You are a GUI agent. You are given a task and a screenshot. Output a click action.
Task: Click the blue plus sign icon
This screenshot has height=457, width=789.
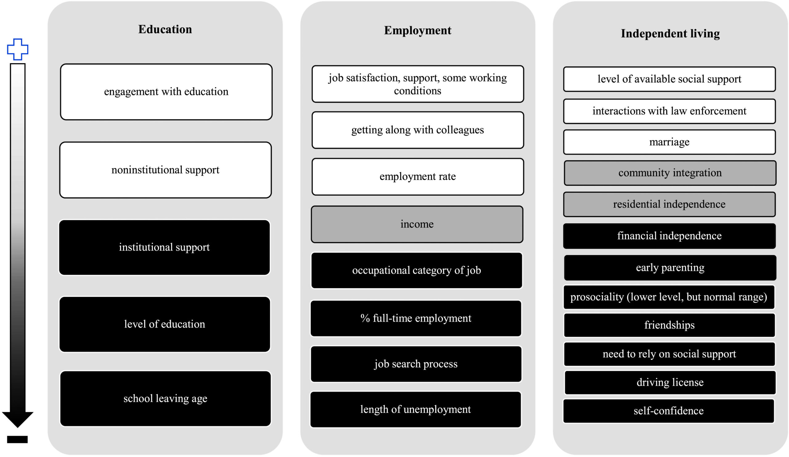(18, 49)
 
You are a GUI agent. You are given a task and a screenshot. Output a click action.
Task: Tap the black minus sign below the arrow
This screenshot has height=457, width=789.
(18, 439)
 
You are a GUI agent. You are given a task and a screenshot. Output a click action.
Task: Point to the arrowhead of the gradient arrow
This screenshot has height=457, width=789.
(18, 419)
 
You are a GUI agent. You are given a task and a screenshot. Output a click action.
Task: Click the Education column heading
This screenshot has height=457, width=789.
(165, 29)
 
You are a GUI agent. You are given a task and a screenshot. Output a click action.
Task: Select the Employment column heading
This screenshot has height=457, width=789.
(418, 31)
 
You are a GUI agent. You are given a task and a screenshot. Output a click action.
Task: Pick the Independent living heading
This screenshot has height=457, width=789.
(670, 34)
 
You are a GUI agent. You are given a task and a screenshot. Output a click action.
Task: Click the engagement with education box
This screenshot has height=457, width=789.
(166, 92)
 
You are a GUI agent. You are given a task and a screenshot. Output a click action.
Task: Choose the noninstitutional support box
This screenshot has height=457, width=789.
(166, 170)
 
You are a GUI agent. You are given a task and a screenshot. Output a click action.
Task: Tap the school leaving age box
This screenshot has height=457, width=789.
(165, 399)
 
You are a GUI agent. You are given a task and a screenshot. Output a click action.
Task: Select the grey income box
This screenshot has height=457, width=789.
(417, 224)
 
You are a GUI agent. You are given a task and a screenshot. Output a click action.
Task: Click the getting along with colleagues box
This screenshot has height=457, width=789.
(418, 130)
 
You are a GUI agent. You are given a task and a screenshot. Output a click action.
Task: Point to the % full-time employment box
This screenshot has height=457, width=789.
(416, 319)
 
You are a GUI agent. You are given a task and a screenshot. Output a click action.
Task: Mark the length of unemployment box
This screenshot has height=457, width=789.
(415, 410)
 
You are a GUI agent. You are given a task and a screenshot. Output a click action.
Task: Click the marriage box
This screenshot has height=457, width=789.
(669, 142)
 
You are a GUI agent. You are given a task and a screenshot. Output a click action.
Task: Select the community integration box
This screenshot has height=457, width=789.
(670, 173)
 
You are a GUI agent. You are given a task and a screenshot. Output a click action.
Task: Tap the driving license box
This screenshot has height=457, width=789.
(670, 382)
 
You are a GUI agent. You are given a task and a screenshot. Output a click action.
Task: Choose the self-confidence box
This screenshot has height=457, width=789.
(668, 411)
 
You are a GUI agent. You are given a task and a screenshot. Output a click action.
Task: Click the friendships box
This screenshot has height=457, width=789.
(669, 325)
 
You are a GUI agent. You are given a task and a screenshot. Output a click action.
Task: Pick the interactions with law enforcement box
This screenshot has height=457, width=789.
(669, 111)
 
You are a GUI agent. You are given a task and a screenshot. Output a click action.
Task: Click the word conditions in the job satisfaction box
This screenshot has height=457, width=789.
(417, 91)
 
